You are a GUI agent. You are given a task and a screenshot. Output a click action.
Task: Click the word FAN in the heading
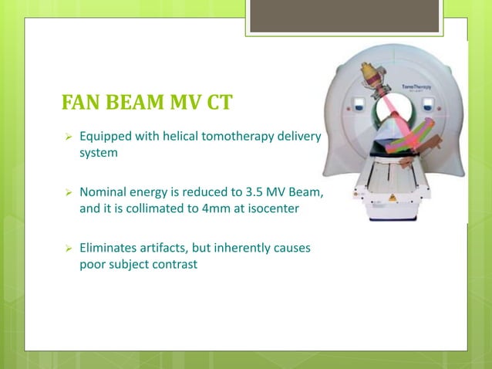pyautogui.click(x=79, y=104)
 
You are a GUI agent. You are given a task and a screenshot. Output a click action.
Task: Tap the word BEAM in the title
pyautogui.click(x=131, y=104)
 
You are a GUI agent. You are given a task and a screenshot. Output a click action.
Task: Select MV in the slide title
pyautogui.click(x=180, y=104)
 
